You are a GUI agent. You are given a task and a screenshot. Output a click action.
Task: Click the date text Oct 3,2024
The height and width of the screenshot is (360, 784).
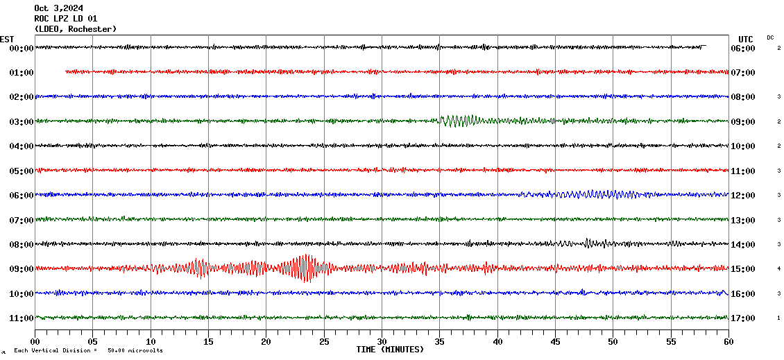[x=58, y=8]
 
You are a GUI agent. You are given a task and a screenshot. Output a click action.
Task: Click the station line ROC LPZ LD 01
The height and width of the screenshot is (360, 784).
[x=65, y=19]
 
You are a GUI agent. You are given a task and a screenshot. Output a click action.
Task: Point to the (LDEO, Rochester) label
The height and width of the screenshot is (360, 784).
[x=75, y=29]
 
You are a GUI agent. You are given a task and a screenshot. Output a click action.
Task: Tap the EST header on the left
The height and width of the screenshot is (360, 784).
[x=7, y=39]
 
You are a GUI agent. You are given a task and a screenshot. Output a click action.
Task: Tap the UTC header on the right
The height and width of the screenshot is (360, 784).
[x=746, y=39]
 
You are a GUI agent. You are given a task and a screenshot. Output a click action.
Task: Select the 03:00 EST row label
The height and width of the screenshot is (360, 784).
[x=22, y=122]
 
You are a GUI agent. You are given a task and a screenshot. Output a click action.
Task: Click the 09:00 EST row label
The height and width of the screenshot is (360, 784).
[x=22, y=269]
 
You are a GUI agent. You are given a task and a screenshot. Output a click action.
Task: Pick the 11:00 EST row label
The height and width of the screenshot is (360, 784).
[x=22, y=318]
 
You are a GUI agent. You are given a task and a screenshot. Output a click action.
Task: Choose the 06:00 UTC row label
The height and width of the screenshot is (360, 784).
[x=743, y=49]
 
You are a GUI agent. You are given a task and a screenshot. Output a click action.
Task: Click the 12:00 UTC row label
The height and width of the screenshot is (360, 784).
[x=743, y=196]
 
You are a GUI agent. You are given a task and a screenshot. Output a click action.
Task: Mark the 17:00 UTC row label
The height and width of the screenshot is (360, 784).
[x=743, y=318]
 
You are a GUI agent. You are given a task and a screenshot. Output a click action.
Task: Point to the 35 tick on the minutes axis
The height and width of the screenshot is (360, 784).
[x=440, y=342]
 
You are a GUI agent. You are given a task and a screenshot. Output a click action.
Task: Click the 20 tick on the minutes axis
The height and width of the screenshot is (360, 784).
[x=266, y=342]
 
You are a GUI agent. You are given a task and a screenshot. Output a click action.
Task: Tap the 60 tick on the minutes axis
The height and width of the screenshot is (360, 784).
[x=728, y=342]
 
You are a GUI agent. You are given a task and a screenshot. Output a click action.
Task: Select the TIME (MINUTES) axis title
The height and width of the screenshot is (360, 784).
[x=390, y=350]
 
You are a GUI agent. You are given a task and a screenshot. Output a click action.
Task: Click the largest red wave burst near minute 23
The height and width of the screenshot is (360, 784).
[x=304, y=268]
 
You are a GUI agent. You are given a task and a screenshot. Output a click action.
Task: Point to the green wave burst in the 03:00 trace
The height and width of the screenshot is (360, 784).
[x=459, y=121]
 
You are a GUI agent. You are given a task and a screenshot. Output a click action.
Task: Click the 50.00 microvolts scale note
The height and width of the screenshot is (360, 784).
[x=135, y=351]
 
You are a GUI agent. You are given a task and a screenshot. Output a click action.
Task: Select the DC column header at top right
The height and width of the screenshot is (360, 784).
[x=770, y=37]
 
